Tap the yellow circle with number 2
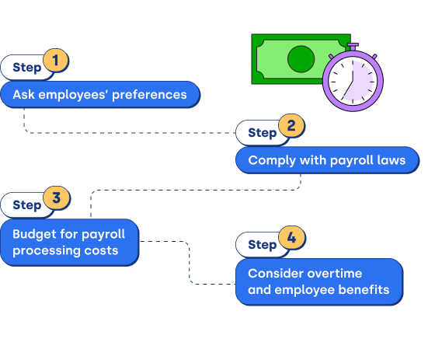tap(291, 125)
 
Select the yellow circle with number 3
tap(55, 197)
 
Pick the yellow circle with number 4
tap(291, 237)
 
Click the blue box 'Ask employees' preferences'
tap(100, 95)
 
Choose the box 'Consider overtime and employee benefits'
tap(319, 282)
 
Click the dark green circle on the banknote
tap(301, 58)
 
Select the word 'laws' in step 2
tap(390, 160)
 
